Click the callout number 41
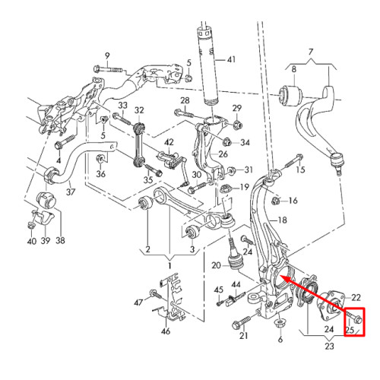231,60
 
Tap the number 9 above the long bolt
107,56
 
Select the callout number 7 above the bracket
311,52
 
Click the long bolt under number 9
108,69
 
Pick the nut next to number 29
237,124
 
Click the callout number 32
139,110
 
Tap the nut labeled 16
276,201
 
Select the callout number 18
283,220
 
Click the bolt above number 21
242,322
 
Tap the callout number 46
166,331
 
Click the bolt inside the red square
354,318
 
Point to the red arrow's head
283,278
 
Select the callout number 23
329,346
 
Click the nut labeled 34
226,142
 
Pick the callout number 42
169,142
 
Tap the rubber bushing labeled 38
46,200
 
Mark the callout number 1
169,266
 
